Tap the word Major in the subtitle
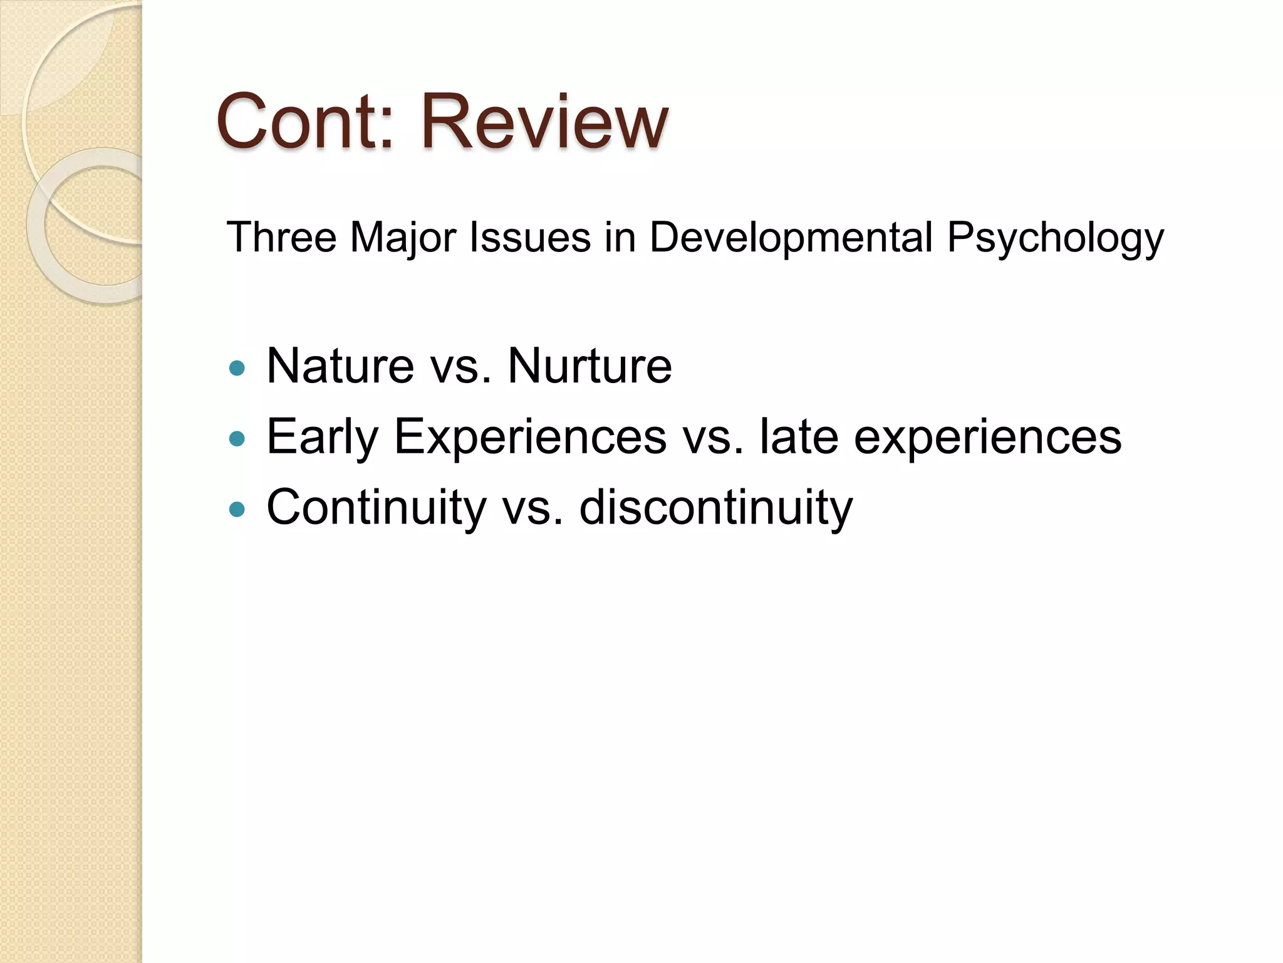pos(403,238)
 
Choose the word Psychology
pos(1055,238)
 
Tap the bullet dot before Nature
pos(237,368)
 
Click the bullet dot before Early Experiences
pos(237,439)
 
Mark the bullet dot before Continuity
pos(237,509)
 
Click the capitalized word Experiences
pos(530,437)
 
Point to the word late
pos(798,436)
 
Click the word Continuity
pos(377,507)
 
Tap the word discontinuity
pos(715,507)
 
